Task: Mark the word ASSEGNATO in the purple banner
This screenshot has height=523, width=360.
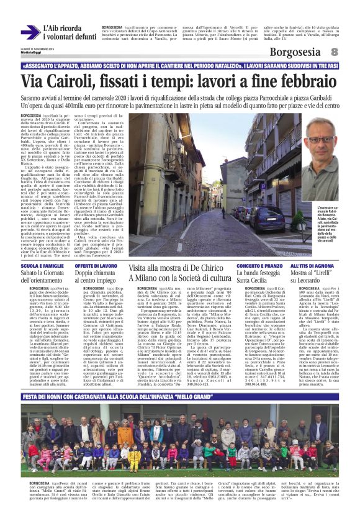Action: pos(40,65)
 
